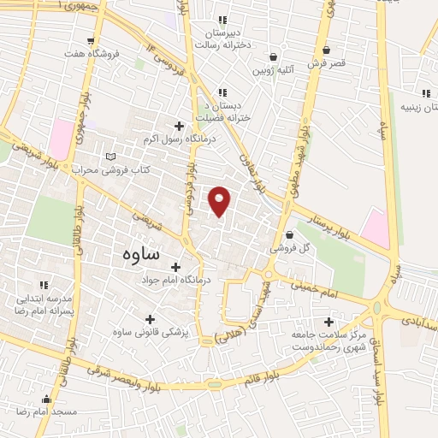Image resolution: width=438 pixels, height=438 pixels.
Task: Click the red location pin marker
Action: click(220, 200)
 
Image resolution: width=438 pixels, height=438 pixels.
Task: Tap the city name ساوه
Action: click(131, 253)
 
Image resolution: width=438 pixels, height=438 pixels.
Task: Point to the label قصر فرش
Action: click(328, 63)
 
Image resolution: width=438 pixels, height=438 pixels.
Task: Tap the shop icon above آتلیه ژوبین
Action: click(274, 54)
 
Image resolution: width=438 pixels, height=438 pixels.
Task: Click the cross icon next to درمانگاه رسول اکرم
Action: click(178, 126)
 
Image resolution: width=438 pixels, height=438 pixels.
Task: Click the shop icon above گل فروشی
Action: click(289, 234)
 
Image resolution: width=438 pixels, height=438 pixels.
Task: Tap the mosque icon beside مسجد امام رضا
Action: click(46, 399)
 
